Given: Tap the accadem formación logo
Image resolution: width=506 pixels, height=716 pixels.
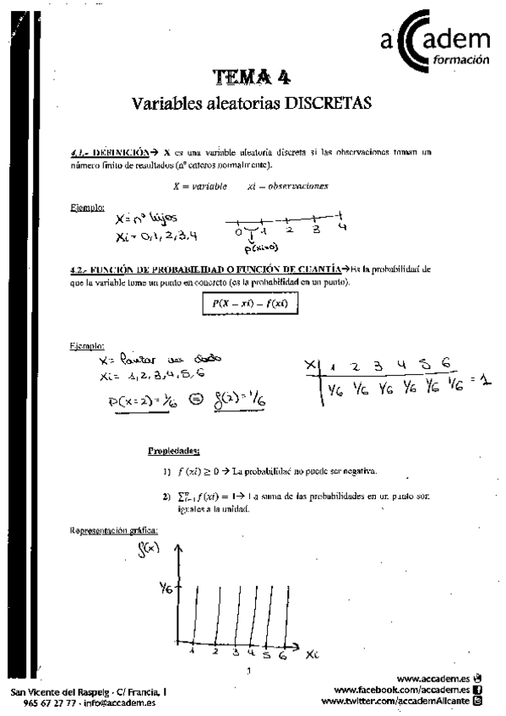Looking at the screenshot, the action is click(x=435, y=43).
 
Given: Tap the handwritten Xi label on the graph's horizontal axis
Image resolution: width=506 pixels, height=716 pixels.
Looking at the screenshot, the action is click(x=313, y=654).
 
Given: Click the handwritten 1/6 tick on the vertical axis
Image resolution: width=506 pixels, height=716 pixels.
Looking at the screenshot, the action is click(x=166, y=591).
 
